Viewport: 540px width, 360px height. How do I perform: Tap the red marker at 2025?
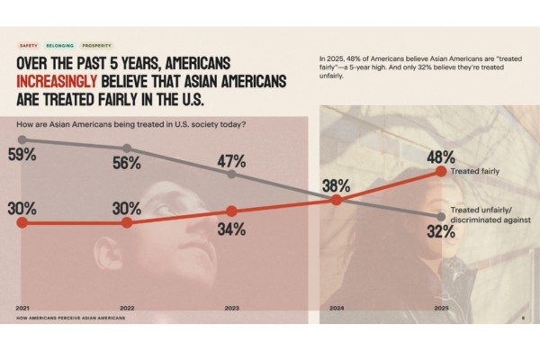tap(440, 170)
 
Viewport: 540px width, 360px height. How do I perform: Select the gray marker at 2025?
tap(440, 214)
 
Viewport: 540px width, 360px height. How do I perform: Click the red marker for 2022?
tap(127, 221)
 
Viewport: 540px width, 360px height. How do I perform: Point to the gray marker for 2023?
tap(231, 174)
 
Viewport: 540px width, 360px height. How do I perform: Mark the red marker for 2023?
tap(231, 211)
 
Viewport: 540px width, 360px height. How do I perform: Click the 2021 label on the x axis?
tap(22, 308)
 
